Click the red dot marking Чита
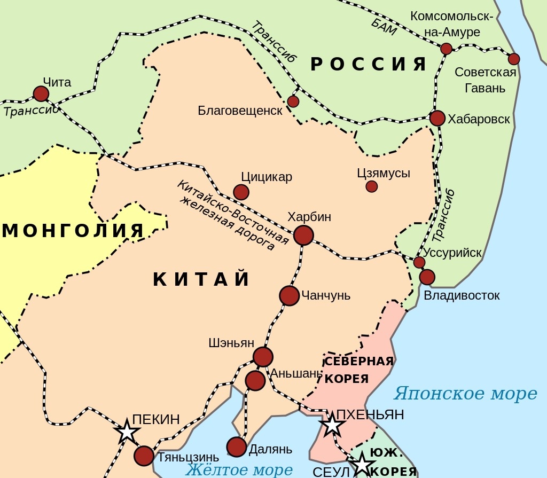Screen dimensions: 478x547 [41, 94]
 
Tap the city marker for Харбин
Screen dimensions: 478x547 [303, 235]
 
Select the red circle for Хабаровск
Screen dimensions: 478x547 [437, 118]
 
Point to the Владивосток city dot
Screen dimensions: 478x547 [427, 277]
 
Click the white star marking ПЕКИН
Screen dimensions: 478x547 [127, 432]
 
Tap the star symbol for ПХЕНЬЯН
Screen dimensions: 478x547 [332, 425]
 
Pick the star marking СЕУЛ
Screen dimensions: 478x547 [362, 464]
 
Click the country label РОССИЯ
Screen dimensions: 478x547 [369, 65]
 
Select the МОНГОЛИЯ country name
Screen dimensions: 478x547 [73, 231]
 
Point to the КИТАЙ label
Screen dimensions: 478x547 [202, 279]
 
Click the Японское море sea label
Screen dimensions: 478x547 [465, 394]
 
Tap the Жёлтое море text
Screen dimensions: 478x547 [239, 470]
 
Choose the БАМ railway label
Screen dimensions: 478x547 [384, 25]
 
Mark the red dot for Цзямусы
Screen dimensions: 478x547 [372, 186]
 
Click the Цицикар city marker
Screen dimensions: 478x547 [241, 192]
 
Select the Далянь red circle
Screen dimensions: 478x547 [237, 446]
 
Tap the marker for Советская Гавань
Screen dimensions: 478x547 [514, 59]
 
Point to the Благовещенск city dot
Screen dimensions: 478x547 [293, 101]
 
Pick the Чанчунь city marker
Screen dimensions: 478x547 [289, 295]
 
